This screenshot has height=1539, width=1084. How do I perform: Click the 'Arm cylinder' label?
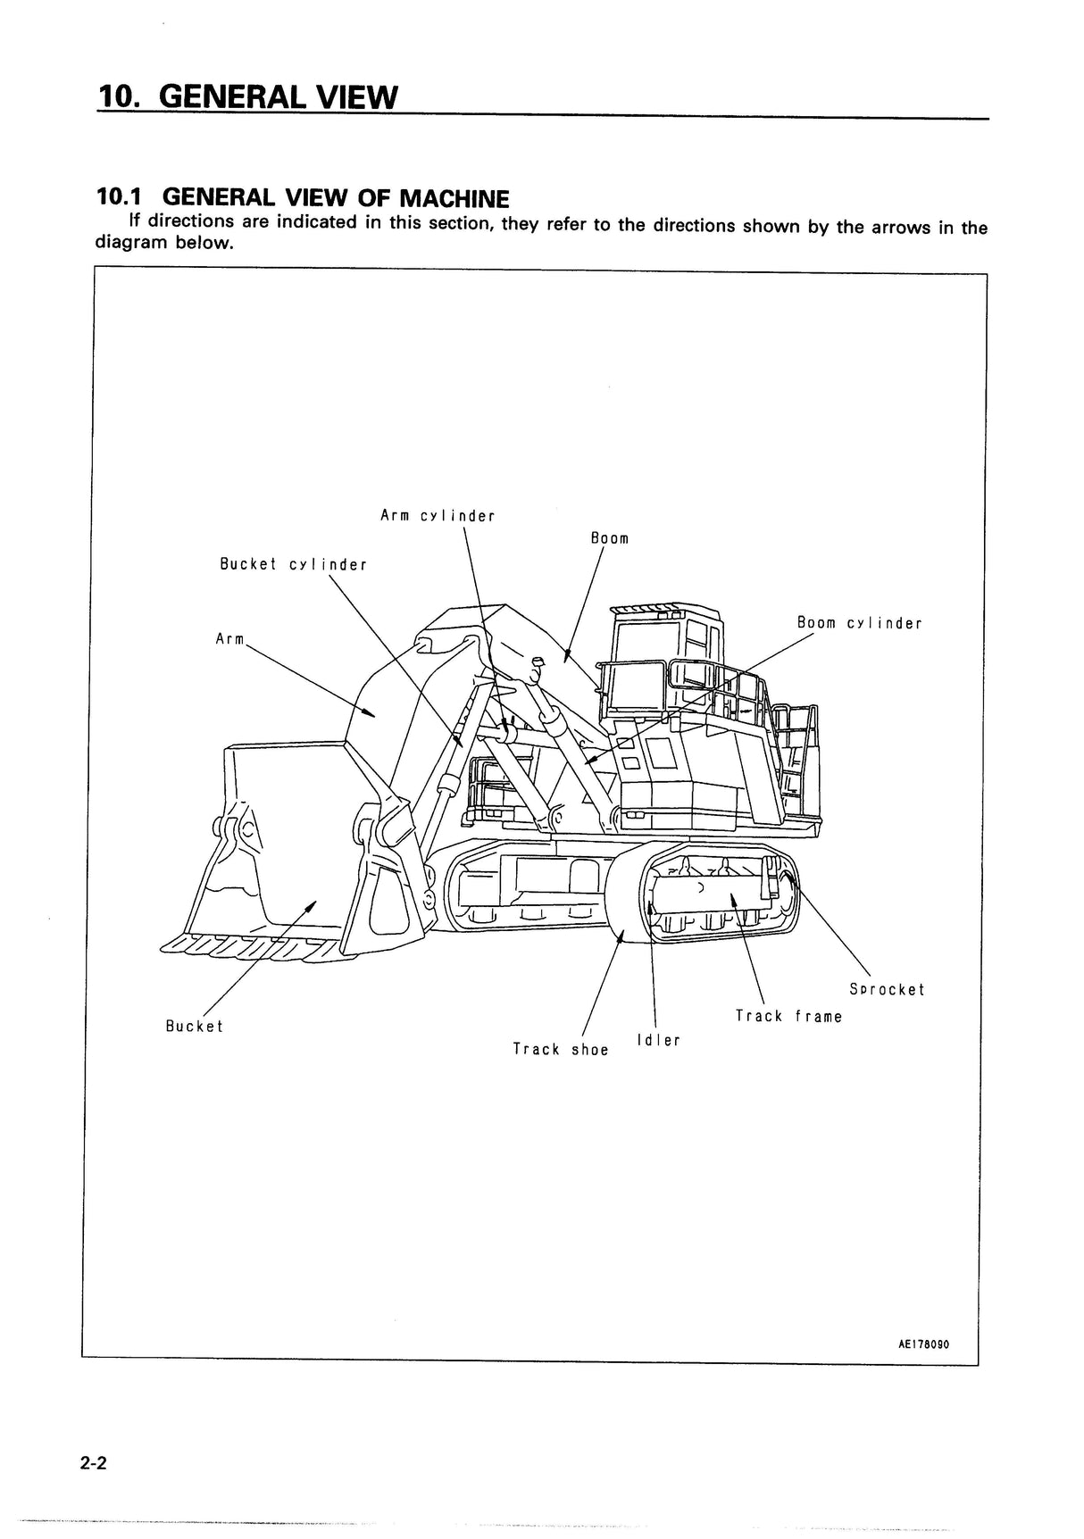point(438,516)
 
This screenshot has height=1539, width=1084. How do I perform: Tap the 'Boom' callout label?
point(610,538)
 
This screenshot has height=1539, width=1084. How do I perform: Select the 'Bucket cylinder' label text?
point(294,564)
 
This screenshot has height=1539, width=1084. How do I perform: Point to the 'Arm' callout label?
point(229,639)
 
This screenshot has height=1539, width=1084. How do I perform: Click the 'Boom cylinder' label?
point(859,623)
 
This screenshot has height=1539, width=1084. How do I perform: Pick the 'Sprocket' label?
point(887,989)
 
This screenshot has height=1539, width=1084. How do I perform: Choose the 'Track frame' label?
point(788,1016)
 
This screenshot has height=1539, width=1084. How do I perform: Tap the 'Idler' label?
point(658,1040)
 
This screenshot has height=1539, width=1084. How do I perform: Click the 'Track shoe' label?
point(560,1049)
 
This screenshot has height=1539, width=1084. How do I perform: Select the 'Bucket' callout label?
point(194,1026)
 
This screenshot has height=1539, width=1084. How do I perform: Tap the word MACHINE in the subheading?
point(452,198)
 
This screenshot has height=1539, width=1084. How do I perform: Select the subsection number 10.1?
point(121,198)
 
